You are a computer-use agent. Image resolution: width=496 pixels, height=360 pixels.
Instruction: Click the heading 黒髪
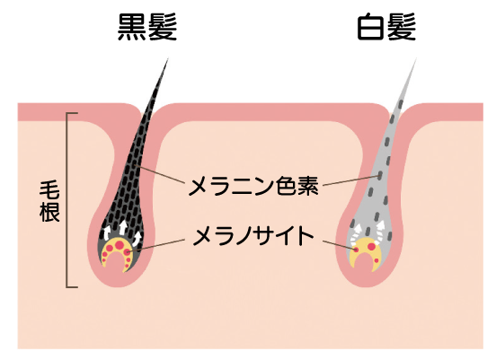(x=147, y=27)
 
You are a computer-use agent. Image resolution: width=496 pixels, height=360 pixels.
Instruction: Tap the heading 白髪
(x=386, y=27)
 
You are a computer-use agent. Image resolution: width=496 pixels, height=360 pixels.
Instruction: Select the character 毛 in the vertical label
(x=49, y=190)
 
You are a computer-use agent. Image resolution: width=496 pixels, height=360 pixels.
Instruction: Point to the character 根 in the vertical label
(x=49, y=211)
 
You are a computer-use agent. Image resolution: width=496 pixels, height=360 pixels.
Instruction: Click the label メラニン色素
(x=253, y=186)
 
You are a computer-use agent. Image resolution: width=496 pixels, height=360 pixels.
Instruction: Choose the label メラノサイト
(x=253, y=236)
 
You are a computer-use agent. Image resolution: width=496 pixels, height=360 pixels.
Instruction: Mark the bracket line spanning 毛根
(x=67, y=200)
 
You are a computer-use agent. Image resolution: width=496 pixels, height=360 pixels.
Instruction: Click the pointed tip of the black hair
(x=167, y=58)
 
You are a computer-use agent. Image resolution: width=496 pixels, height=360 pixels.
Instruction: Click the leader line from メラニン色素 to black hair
(x=159, y=174)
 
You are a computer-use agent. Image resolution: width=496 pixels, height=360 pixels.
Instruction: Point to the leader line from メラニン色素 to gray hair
(x=351, y=180)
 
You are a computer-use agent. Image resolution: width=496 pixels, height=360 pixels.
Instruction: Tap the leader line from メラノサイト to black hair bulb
(x=156, y=245)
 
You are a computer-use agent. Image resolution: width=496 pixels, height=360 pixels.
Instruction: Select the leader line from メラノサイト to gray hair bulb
(x=340, y=246)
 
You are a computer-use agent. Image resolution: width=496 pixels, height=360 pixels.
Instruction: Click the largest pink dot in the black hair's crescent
(x=120, y=244)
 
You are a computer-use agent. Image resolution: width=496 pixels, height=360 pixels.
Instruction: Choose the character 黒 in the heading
(x=131, y=27)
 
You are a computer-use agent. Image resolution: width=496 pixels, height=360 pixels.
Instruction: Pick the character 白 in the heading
(x=371, y=27)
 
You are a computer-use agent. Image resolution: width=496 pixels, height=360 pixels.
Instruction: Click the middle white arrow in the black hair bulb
(x=123, y=227)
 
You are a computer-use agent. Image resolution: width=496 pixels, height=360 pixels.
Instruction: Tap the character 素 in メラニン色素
(x=308, y=186)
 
